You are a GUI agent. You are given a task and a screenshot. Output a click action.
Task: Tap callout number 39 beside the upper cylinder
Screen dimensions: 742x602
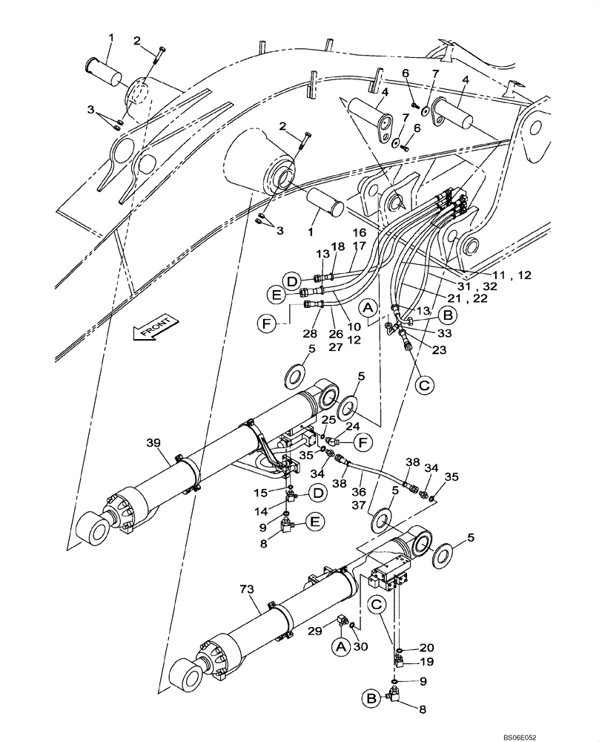153,443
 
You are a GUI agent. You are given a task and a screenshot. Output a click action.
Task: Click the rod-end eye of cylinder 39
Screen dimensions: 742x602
91,528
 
